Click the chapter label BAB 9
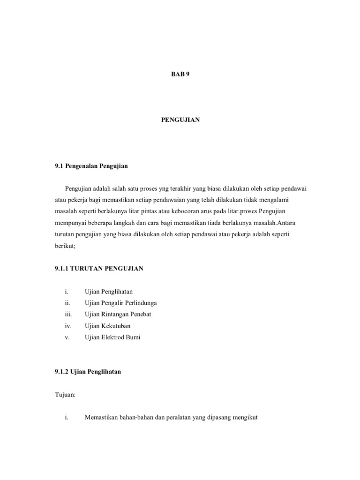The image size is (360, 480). pos(180,74)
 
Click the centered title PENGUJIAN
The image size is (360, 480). pos(180,120)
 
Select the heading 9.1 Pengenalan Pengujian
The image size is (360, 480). pos(91,166)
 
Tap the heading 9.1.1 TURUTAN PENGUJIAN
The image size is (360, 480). pos(99,268)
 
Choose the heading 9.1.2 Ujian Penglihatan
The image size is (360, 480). pos(88,372)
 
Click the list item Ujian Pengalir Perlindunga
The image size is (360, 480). pos(120,303)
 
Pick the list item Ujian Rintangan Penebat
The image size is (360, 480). pos(118,314)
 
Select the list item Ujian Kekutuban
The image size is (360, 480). pos(107,326)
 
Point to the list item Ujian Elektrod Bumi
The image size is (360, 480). pos(112,337)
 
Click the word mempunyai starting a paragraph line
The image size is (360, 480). pos(72,223)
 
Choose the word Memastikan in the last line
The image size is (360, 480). pos(101,418)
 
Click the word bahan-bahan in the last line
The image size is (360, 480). pos(136,418)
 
